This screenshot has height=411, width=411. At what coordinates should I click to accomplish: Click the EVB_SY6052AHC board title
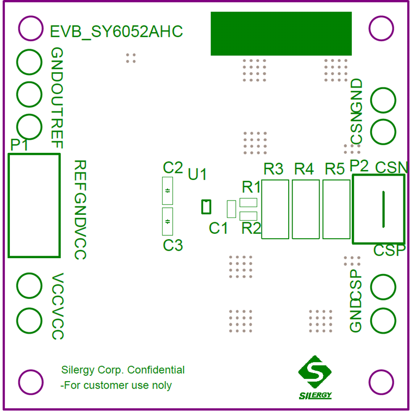[x=116, y=32]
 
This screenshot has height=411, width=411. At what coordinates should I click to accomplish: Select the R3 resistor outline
[x=275, y=209]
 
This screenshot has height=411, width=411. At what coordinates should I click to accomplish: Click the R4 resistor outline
[x=306, y=209]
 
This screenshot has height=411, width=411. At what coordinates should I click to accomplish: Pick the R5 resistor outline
[x=336, y=209]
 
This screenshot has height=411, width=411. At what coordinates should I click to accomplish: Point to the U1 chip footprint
[x=205, y=207]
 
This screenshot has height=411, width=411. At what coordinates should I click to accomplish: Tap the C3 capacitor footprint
[x=167, y=221]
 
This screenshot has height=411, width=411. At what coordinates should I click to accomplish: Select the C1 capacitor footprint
[x=231, y=209]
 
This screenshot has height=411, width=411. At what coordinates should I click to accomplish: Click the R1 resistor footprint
[x=248, y=203]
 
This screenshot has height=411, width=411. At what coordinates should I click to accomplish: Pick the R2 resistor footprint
[x=248, y=216]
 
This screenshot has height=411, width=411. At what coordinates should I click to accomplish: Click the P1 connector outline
[x=34, y=205]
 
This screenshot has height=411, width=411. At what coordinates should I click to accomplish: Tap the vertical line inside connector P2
[x=383, y=209]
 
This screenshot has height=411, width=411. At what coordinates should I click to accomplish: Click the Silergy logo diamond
[x=314, y=372]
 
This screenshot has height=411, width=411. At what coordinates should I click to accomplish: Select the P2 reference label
[x=359, y=166]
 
